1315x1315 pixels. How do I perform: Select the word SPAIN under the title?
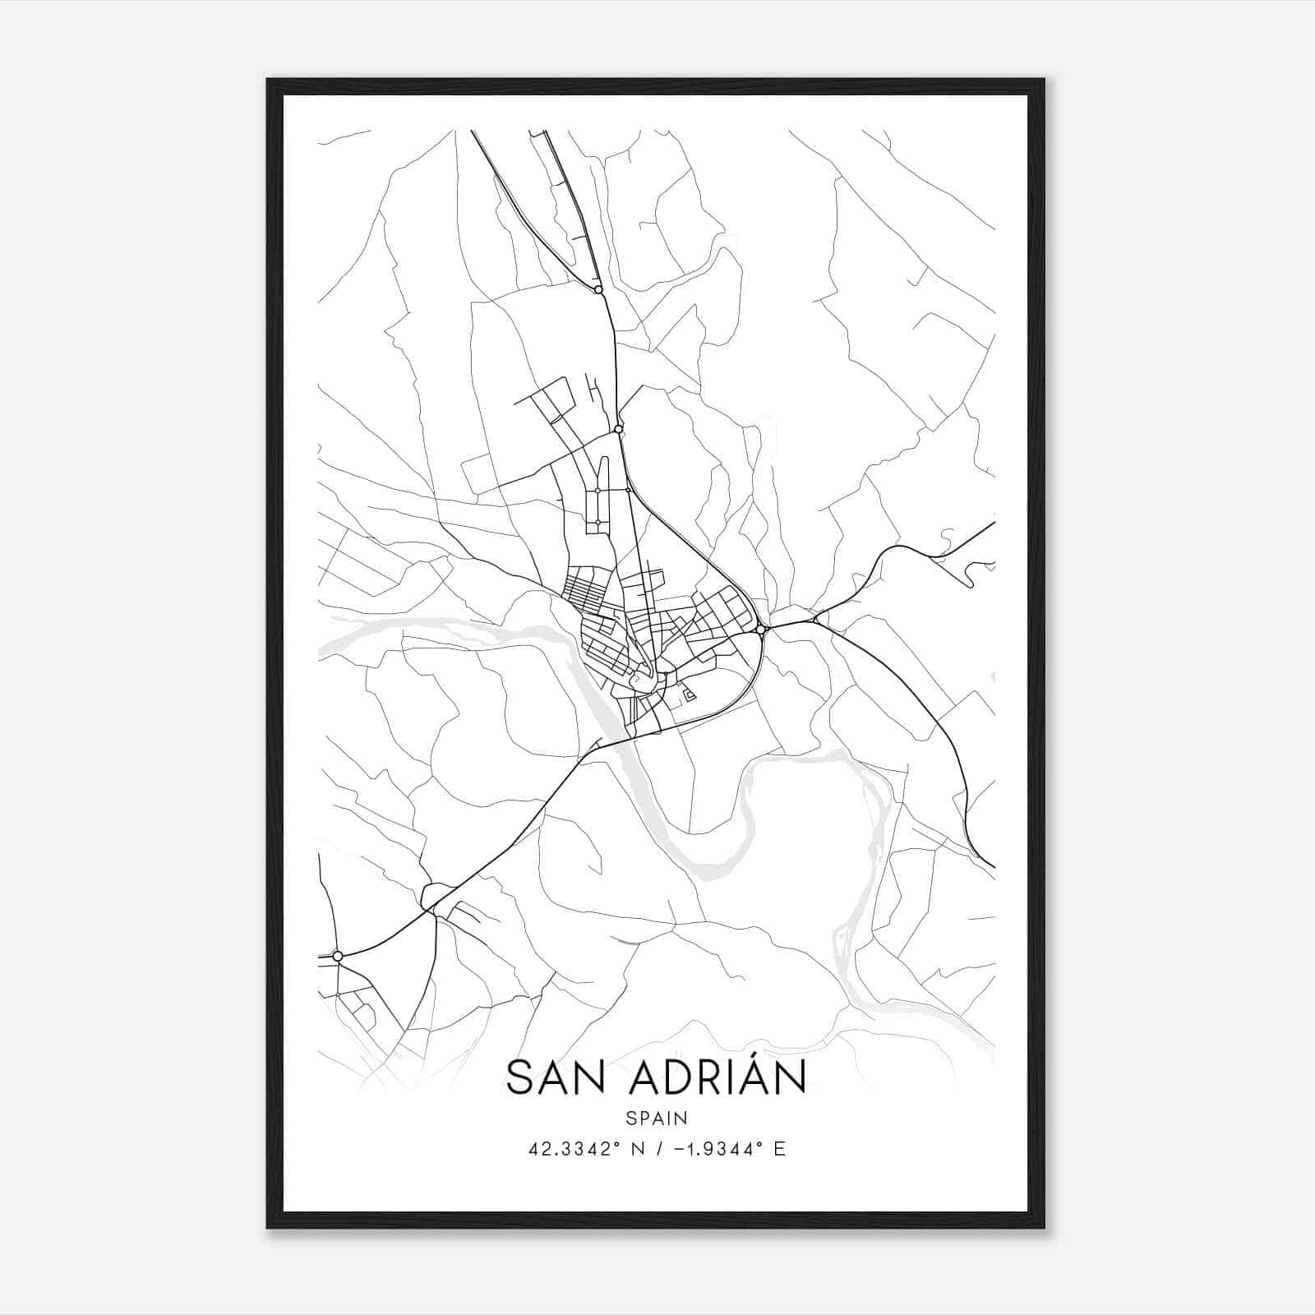click(656, 1118)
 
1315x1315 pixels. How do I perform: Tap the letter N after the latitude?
click(636, 1149)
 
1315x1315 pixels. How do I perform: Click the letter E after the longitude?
click(780, 1149)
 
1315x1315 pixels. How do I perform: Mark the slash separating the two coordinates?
click(657, 1149)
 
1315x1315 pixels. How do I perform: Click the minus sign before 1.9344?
click(678, 1149)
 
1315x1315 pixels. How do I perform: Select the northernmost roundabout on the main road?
click(598, 289)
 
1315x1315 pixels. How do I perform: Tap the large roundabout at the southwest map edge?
click(337, 956)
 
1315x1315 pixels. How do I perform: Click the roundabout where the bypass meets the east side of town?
click(761, 630)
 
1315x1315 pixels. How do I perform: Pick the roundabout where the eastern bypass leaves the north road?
click(618, 429)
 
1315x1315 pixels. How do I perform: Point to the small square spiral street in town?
click(690, 696)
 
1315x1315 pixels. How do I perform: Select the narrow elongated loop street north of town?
click(603, 485)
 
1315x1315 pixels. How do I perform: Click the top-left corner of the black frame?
click(268, 80)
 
